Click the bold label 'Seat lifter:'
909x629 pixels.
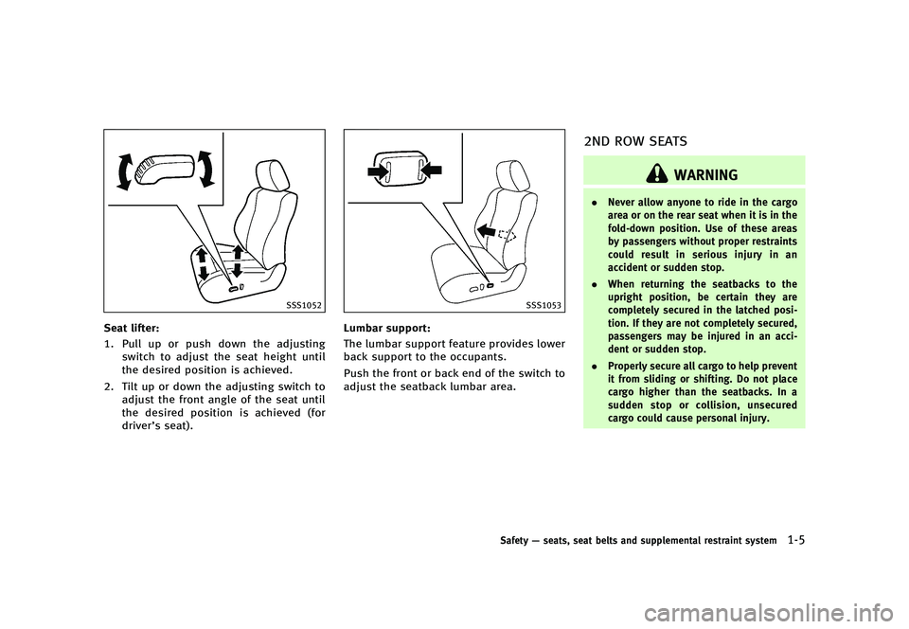(x=135, y=328)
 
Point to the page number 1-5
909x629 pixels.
(x=796, y=541)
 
